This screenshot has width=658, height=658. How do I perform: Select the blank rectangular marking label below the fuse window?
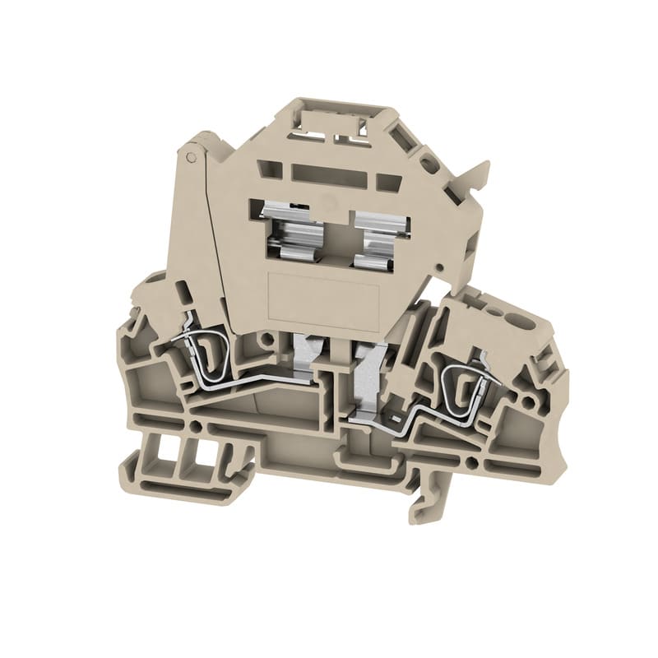point(322,297)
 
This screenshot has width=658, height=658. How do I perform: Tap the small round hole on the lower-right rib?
point(476,443)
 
